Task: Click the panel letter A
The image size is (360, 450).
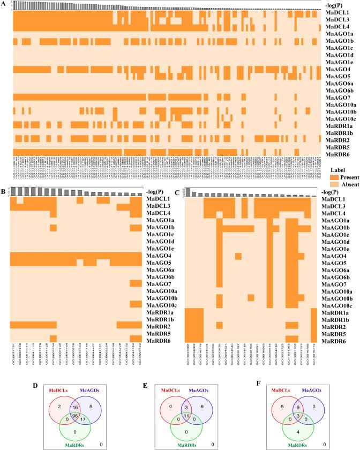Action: point(4,4)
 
